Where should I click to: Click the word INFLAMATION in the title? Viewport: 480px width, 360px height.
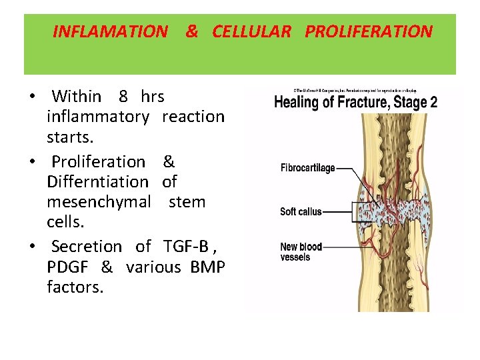(110, 31)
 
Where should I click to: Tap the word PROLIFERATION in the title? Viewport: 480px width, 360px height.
(369, 31)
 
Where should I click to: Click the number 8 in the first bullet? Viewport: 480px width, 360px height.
(123, 97)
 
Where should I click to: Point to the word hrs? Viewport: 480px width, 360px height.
(153, 97)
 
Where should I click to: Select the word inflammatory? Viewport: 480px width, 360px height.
(98, 117)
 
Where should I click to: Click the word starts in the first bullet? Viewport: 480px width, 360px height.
(70, 137)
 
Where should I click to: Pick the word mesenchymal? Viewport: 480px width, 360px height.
(99, 201)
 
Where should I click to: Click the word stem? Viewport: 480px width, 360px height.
(187, 201)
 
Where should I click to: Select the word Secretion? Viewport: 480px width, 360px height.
(87, 247)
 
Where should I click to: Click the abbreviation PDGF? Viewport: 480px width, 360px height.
(69, 267)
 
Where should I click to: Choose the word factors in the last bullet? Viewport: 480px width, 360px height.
(75, 287)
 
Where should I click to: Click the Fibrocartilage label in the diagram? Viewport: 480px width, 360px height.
(307, 168)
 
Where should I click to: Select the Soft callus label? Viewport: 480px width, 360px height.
(301, 212)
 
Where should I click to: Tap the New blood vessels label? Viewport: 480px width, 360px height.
(301, 252)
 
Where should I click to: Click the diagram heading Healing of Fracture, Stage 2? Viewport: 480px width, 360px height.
(356, 103)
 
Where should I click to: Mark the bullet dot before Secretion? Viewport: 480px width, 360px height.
(32, 247)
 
